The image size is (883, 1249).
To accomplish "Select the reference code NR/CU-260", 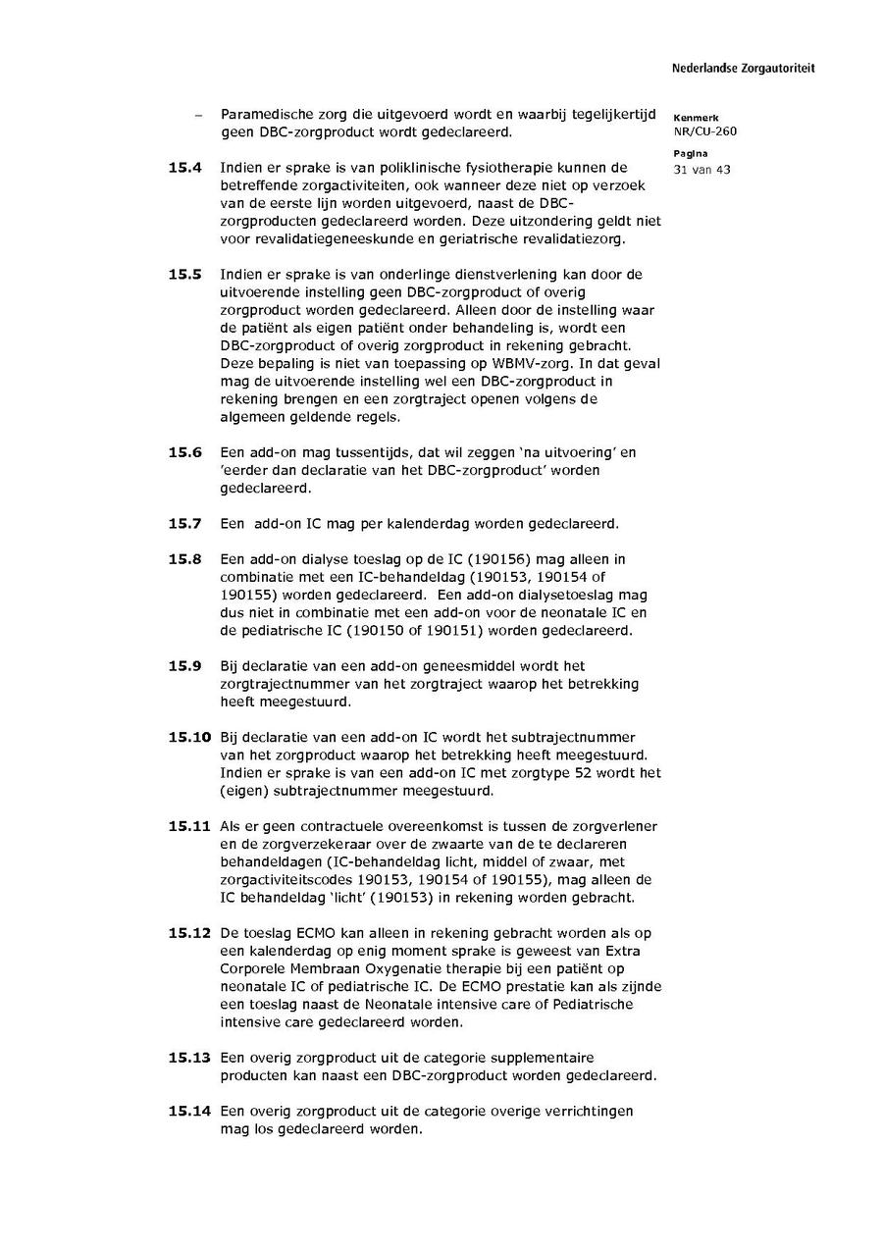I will [704, 131].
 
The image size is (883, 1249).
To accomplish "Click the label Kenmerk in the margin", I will [691, 118].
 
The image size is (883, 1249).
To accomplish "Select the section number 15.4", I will [184, 168].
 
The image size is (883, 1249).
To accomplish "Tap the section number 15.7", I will [184, 523].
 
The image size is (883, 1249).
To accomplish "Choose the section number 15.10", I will [189, 737].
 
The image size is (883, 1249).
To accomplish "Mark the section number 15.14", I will [189, 1111].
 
